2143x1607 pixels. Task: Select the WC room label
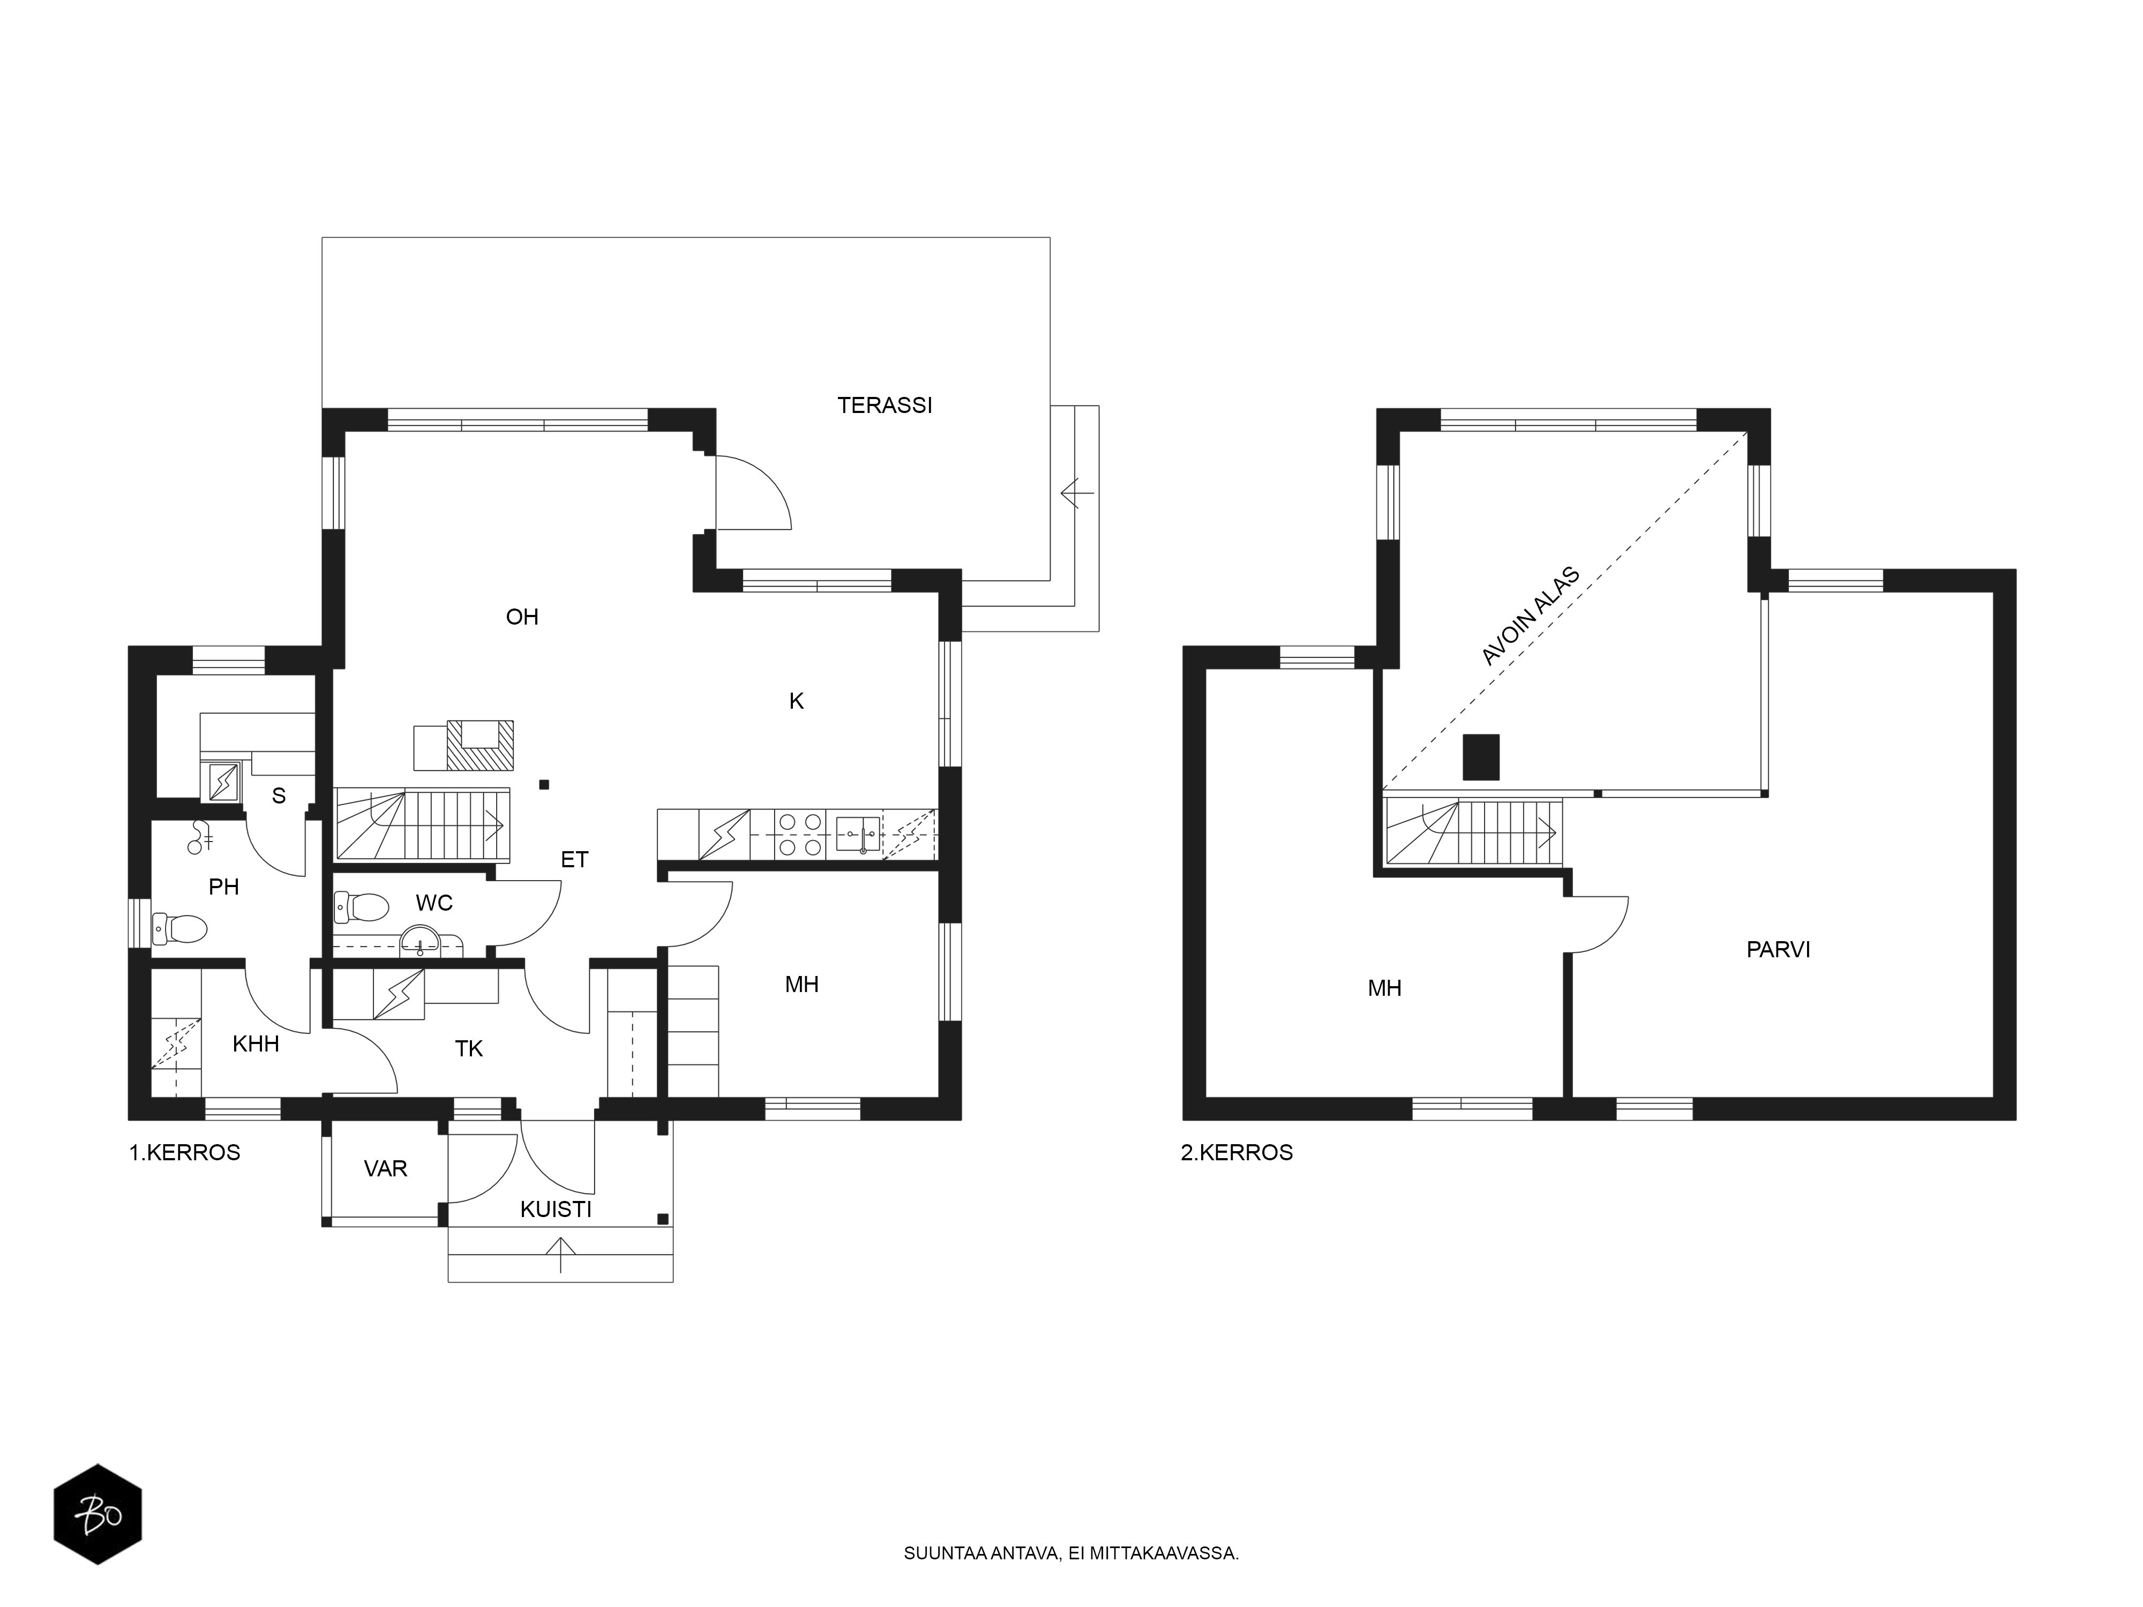434,903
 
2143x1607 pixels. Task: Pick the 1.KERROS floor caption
185,1153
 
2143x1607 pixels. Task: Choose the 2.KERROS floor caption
1237,1153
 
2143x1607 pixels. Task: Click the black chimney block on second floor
1480,756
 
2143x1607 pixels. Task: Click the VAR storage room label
386,1169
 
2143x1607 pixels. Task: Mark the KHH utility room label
256,1043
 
